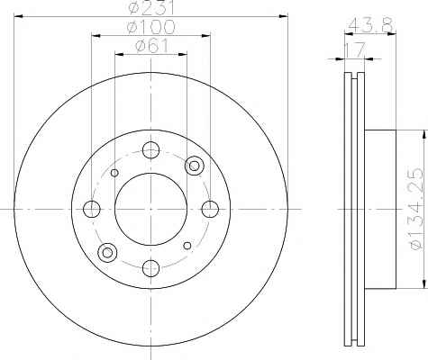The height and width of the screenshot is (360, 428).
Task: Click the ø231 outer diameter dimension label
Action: (150, 8)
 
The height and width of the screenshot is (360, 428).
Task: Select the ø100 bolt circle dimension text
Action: (150, 27)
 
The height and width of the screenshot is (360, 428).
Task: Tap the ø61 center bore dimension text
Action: (151, 46)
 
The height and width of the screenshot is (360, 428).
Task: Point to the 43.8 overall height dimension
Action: (370, 24)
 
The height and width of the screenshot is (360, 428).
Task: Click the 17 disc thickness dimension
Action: (354, 49)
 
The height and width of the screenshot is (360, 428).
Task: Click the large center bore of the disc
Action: (150, 209)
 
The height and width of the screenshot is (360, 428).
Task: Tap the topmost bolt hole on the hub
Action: (150, 150)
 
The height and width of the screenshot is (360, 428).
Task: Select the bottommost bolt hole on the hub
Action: (150, 268)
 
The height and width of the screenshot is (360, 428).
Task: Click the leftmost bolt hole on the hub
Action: (91, 209)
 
